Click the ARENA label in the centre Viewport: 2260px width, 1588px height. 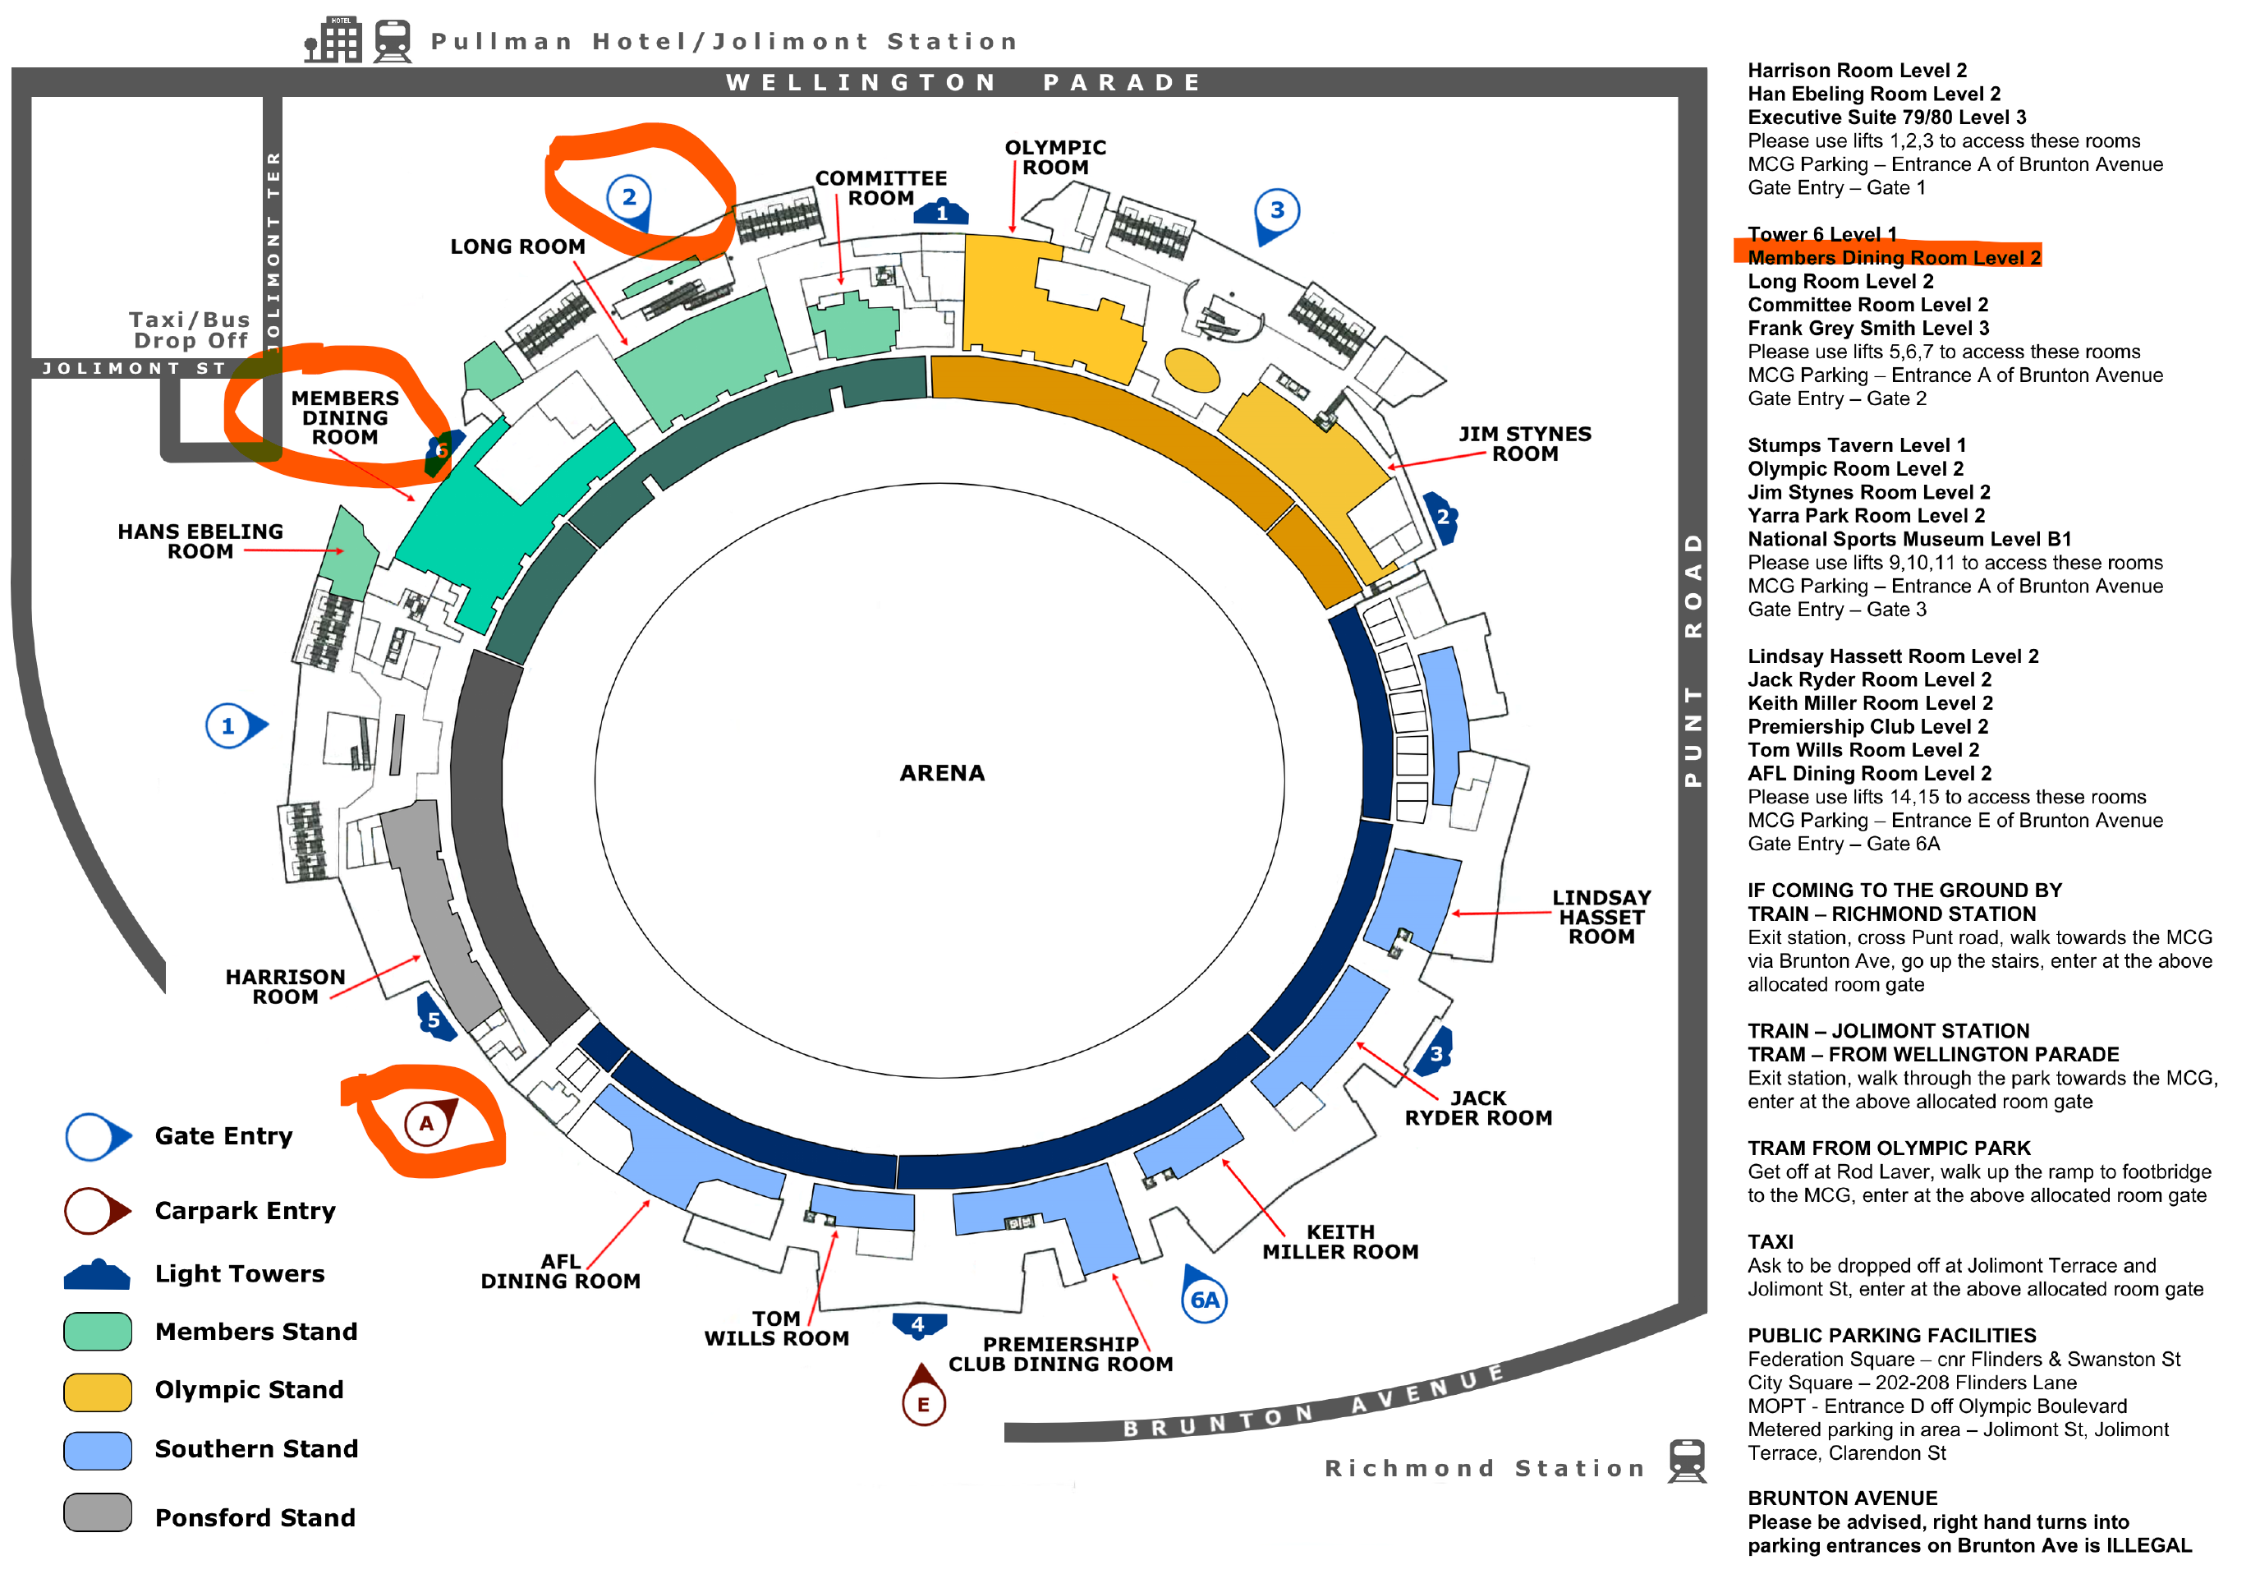(x=941, y=773)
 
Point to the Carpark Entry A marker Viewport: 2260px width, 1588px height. (x=427, y=1123)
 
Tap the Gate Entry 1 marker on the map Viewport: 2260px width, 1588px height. (x=229, y=726)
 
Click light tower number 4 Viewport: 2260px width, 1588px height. (x=918, y=1324)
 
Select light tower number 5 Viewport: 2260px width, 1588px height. (x=434, y=1020)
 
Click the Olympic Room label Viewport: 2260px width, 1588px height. (x=1055, y=158)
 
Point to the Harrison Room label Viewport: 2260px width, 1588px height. (x=286, y=987)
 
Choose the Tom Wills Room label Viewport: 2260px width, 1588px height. (x=776, y=1328)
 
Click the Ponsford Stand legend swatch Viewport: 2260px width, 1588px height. (x=98, y=1512)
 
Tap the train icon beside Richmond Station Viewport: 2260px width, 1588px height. (x=1686, y=1461)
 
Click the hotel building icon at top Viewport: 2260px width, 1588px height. (x=333, y=40)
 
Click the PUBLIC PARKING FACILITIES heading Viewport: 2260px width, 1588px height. (x=1891, y=1336)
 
